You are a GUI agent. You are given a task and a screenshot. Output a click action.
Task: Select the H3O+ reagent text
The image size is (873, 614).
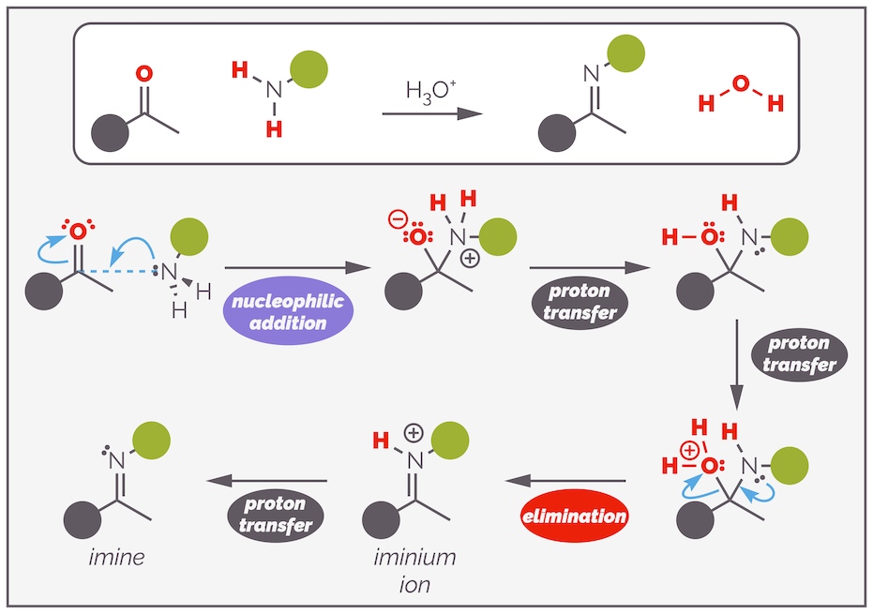pyautogui.click(x=431, y=93)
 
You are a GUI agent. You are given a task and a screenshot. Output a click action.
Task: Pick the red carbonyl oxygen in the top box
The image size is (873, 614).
pyautogui.click(x=143, y=72)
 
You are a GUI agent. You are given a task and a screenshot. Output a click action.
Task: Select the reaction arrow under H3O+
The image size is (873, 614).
pyautogui.click(x=431, y=113)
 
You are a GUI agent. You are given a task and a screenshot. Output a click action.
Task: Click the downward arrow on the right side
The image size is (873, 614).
pyautogui.click(x=736, y=365)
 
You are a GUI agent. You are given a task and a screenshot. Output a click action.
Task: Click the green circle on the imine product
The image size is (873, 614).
pyautogui.click(x=151, y=440)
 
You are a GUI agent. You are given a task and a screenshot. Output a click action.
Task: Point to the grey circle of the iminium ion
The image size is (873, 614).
pyautogui.click(x=381, y=519)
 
